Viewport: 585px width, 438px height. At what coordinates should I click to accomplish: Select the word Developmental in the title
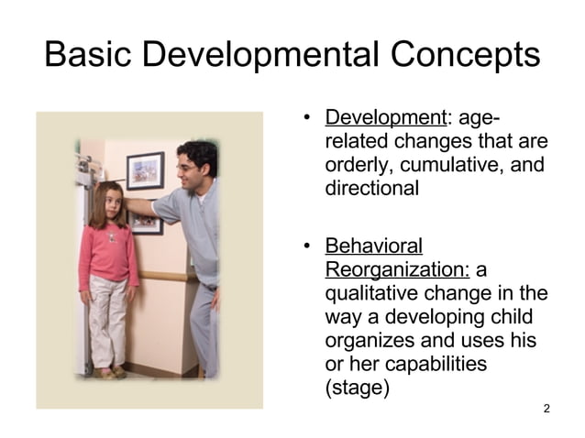[x=259, y=56]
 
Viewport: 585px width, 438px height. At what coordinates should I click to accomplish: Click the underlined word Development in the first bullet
[x=385, y=118]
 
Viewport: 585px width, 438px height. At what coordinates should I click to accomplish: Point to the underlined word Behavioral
[x=374, y=246]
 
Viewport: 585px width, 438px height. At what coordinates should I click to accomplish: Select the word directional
[x=371, y=190]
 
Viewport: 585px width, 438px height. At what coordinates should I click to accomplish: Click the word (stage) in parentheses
[x=357, y=389]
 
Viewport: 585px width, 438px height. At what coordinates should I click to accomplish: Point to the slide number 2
[x=546, y=408]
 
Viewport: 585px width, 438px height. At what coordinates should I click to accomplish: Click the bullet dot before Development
[x=308, y=118]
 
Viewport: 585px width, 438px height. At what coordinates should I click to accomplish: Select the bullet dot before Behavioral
[x=308, y=246]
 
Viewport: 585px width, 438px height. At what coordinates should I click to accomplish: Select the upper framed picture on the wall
[x=144, y=170]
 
